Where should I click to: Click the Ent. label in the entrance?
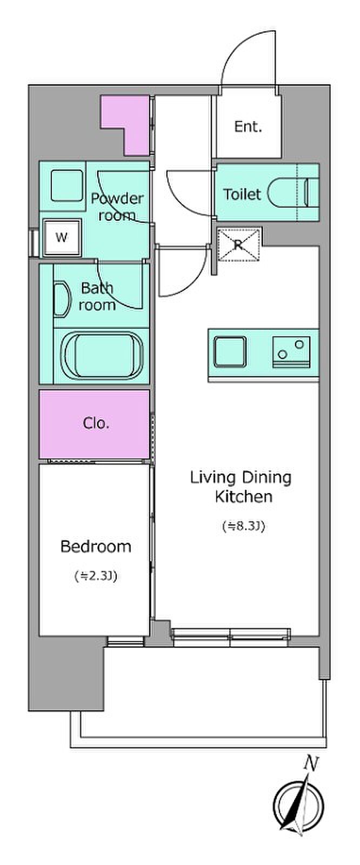[x=248, y=127]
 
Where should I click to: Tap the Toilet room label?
[x=242, y=194]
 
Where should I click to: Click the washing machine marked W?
[x=62, y=237]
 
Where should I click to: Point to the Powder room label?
[x=117, y=207]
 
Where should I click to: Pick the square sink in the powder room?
[x=67, y=186]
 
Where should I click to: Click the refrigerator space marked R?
[x=238, y=244]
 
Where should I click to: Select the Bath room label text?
[x=97, y=296]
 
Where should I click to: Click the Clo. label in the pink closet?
[x=96, y=423]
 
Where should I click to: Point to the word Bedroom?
[x=96, y=547]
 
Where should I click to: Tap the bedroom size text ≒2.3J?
[x=96, y=576]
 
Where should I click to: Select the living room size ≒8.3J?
[x=243, y=526]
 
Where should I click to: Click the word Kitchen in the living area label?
[x=244, y=496]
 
